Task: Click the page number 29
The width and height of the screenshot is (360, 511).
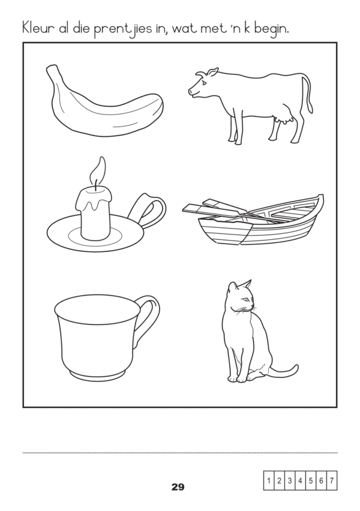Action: click(x=178, y=487)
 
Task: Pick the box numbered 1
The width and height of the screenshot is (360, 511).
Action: click(x=269, y=480)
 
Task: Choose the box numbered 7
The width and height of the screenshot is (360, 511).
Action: click(x=332, y=480)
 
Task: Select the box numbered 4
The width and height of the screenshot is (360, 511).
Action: click(x=300, y=480)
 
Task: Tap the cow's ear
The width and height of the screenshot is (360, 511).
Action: click(x=213, y=72)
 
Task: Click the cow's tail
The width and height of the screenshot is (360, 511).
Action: click(x=308, y=95)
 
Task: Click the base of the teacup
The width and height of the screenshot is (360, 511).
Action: click(x=98, y=375)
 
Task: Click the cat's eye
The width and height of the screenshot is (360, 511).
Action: click(x=245, y=299)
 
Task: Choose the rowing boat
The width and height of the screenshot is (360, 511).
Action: click(x=253, y=220)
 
